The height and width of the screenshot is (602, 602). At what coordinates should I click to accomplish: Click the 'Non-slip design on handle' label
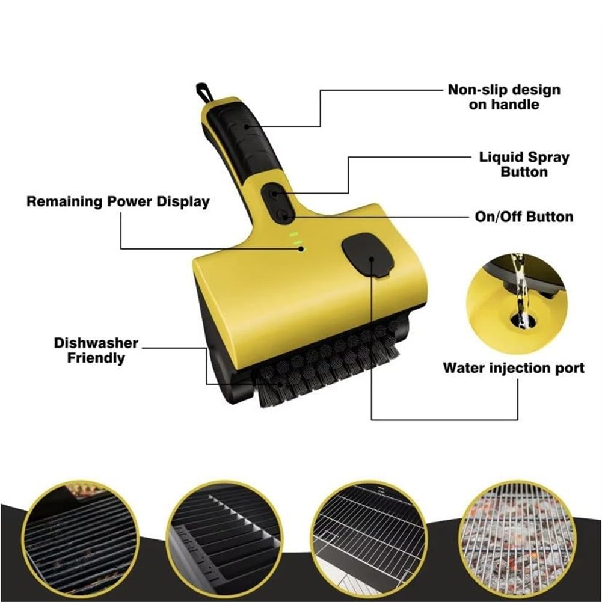coord(504,97)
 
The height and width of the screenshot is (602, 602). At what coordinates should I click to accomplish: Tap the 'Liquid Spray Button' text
coord(524,164)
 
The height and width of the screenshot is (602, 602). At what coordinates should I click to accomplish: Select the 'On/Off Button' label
coord(524,217)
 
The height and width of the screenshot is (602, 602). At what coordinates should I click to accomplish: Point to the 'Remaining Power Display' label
coord(118,201)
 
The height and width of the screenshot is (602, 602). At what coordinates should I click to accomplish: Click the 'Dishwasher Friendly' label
coord(96,350)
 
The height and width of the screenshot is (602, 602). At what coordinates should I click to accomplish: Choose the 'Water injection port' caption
coord(514,368)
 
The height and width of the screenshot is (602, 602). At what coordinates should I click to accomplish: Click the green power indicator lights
coord(296,241)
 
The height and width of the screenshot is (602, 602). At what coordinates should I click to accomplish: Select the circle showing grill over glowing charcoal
coord(517,537)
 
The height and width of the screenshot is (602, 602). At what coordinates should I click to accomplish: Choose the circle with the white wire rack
coord(369,538)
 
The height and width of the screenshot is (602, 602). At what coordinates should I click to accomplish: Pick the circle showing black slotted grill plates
coord(224,538)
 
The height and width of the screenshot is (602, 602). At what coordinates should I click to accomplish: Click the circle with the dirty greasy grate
coord(81,538)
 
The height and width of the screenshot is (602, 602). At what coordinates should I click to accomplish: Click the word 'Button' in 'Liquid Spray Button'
coord(524,172)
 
